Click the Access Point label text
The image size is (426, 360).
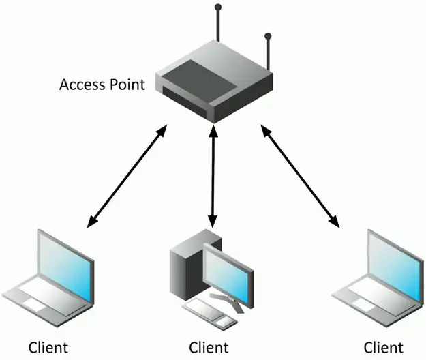pyautogui.click(x=102, y=85)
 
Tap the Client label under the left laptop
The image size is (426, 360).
pyautogui.click(x=48, y=346)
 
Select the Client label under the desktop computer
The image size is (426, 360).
pyautogui.click(x=209, y=346)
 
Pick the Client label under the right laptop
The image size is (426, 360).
pyautogui.click(x=383, y=346)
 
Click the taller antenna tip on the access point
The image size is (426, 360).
pyautogui.click(x=218, y=8)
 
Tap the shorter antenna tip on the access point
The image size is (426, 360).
pyautogui.click(x=268, y=35)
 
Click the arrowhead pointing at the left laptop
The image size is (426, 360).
pyautogui.click(x=91, y=222)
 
